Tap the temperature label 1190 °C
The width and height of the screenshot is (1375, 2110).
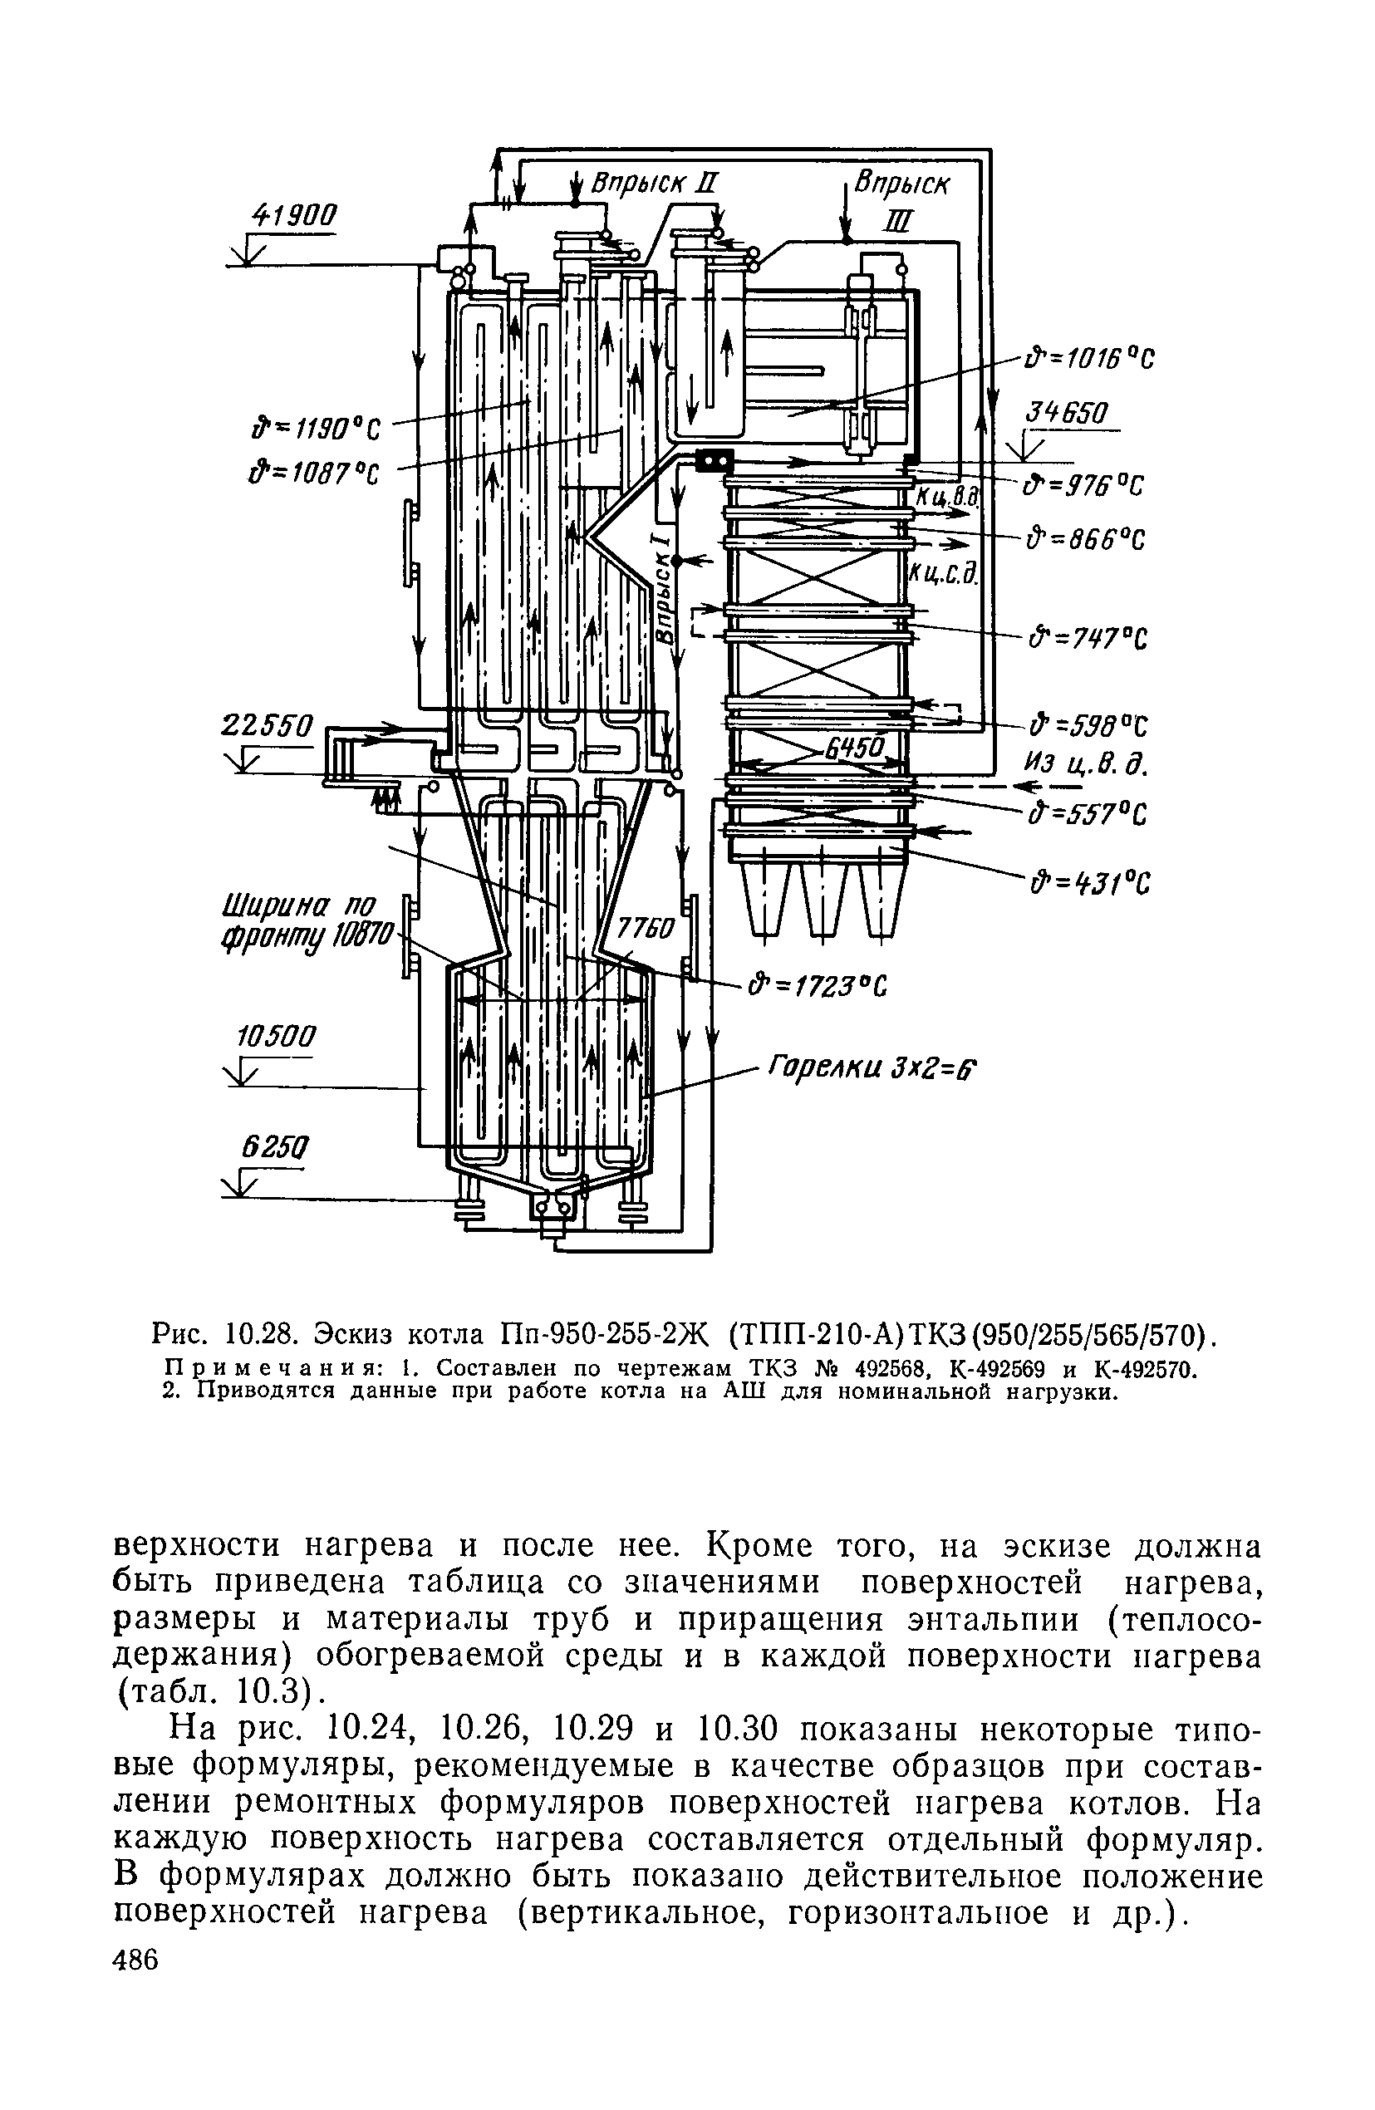coord(316,430)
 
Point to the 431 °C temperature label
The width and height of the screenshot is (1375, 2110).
coord(1089,884)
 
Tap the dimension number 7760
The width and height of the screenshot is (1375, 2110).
coord(646,928)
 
